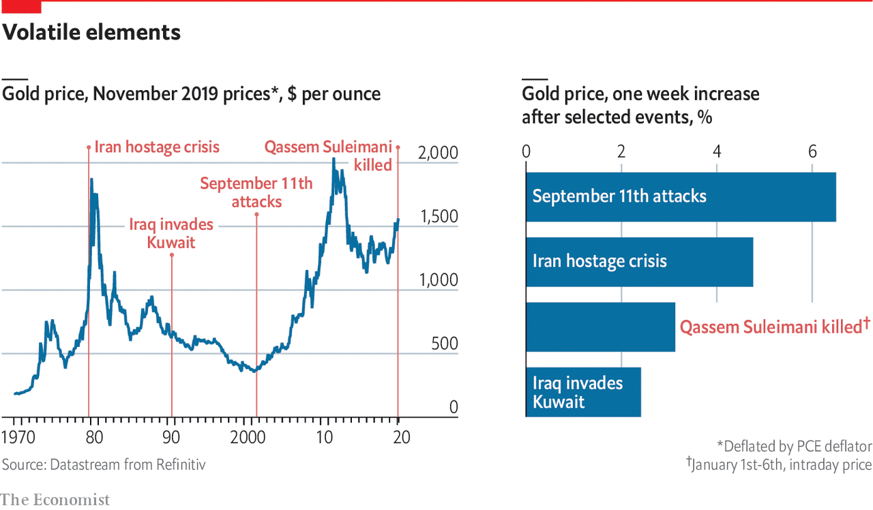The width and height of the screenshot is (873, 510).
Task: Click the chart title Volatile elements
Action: (x=92, y=32)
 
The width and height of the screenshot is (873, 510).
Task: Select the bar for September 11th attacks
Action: (x=680, y=196)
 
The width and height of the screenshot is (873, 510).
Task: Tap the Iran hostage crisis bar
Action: (x=639, y=262)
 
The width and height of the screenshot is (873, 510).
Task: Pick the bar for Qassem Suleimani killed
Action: (x=600, y=327)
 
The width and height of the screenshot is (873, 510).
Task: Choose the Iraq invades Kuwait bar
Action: (x=583, y=392)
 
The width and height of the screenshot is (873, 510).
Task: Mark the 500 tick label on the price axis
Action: (x=444, y=344)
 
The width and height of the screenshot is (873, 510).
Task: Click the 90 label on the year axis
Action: (x=172, y=438)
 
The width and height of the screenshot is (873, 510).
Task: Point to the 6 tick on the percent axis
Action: (x=812, y=151)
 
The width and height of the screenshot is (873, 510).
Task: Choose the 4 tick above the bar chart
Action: (x=717, y=151)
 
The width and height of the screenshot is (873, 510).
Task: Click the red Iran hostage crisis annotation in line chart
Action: (x=157, y=147)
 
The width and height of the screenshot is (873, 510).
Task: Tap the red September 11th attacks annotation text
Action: (x=256, y=192)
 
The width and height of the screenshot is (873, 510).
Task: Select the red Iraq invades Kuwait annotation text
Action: (x=171, y=233)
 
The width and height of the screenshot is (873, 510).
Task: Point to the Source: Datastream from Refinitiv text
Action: (x=104, y=465)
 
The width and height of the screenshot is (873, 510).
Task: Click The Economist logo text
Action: (x=55, y=500)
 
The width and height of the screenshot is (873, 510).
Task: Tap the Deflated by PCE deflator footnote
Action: (x=794, y=447)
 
